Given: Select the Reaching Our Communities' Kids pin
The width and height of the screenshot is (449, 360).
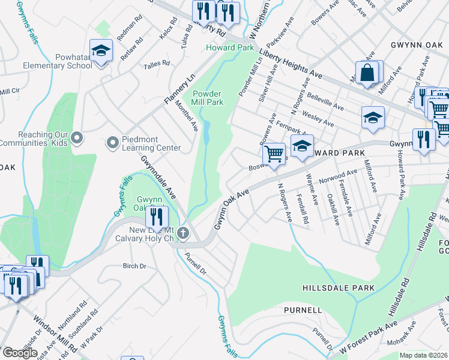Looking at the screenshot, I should point(77,139).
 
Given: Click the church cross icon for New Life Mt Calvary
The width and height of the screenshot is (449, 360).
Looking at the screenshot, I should point(184,233).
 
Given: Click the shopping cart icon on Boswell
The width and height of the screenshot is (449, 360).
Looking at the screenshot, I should point(274,154).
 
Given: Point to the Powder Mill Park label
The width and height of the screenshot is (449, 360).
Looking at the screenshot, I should point(208,98).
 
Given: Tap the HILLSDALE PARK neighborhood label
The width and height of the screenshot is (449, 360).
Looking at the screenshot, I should point(339,288).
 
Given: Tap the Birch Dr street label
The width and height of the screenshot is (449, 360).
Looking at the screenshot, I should point(134,266).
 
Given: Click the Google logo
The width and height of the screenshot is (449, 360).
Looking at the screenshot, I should point(20,353).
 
